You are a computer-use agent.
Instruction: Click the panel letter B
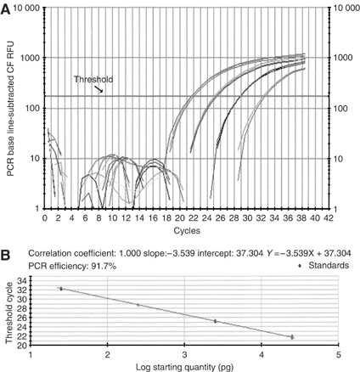tap(7, 252)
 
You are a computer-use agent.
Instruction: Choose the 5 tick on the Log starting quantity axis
tap(339, 354)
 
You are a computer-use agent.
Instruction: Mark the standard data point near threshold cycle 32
tap(60, 289)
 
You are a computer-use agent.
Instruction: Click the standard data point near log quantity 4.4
tap(292, 337)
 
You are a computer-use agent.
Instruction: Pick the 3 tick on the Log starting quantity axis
tap(184, 354)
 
